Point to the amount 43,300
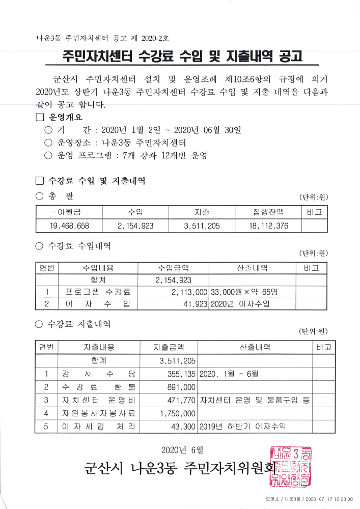click(184, 427)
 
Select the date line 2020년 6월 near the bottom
click(182, 449)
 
